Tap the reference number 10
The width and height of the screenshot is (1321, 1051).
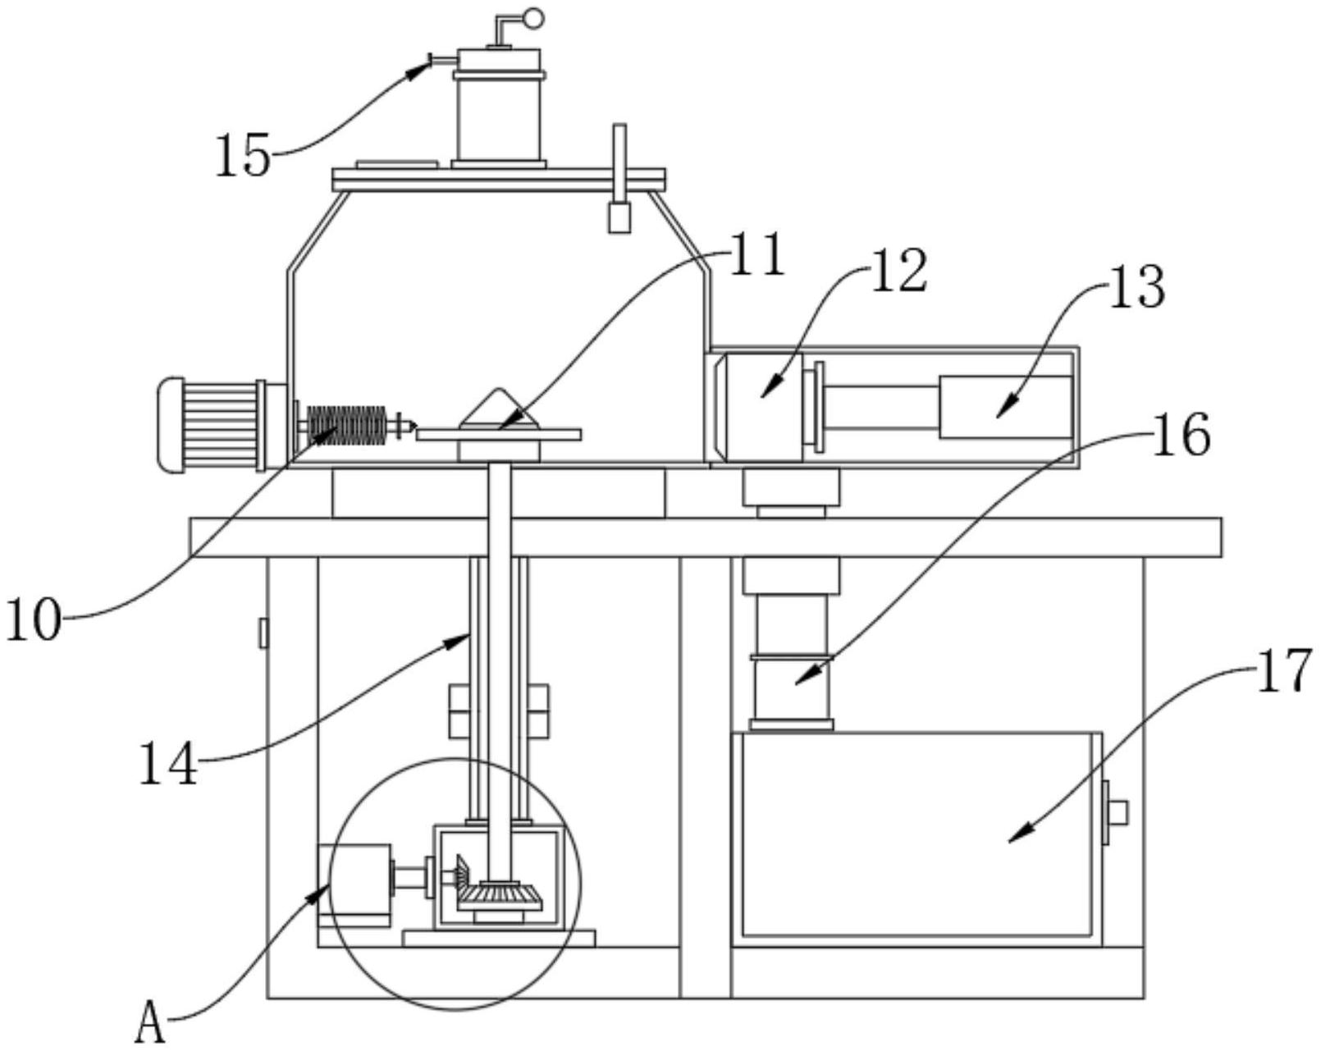click(x=34, y=619)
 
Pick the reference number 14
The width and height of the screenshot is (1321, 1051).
click(x=169, y=764)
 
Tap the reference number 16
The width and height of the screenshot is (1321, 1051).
click(x=1181, y=435)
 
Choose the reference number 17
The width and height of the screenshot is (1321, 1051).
click(x=1284, y=672)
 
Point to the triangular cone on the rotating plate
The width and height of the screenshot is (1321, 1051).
click(x=499, y=407)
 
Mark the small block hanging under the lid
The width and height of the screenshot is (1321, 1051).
click(x=619, y=217)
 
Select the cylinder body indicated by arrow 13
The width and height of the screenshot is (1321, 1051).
click(x=1004, y=407)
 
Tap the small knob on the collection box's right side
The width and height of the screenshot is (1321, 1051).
click(x=1118, y=813)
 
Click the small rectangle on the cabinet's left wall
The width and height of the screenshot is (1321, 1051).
click(x=264, y=633)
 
